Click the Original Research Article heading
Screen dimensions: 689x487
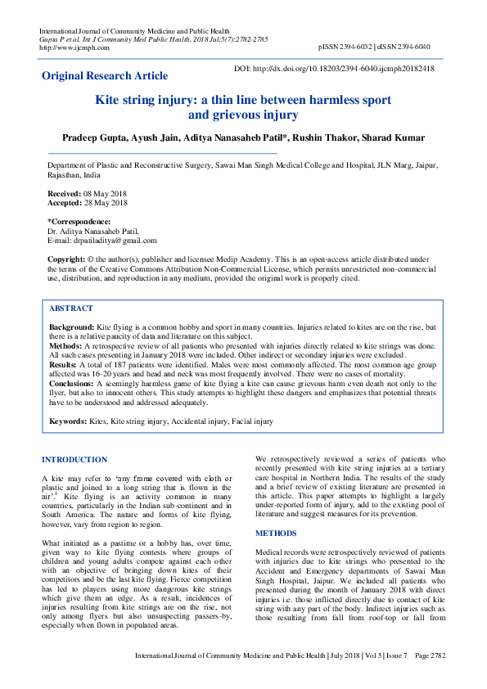(x=105, y=76)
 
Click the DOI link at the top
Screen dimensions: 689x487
(x=334, y=69)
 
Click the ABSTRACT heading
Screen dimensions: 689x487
(x=71, y=309)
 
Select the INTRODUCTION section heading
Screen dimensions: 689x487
(x=74, y=460)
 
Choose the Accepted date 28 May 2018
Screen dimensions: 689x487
(x=105, y=201)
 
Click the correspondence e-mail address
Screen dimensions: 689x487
(x=101, y=240)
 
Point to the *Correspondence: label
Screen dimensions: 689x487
(x=79, y=221)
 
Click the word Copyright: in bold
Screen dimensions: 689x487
(x=66, y=259)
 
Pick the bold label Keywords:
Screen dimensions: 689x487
(x=69, y=421)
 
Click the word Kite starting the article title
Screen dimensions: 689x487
(x=110, y=100)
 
